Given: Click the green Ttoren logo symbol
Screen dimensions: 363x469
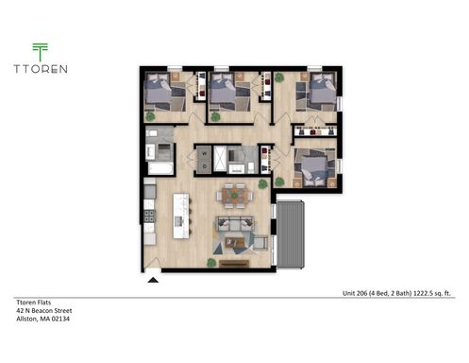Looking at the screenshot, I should (x=40, y=51).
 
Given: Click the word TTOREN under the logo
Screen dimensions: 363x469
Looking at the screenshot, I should (x=40, y=68).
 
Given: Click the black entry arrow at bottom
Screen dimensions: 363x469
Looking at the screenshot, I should (x=153, y=280).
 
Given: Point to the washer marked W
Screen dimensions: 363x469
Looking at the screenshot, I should (x=202, y=152).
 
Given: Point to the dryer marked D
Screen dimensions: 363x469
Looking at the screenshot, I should (x=202, y=164).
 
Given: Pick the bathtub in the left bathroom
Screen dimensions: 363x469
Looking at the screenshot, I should (x=159, y=168).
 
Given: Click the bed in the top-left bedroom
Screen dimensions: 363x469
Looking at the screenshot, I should (x=163, y=94).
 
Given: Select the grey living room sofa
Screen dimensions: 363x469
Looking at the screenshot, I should (x=234, y=224).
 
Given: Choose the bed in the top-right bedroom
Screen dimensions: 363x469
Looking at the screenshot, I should (x=321, y=93).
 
